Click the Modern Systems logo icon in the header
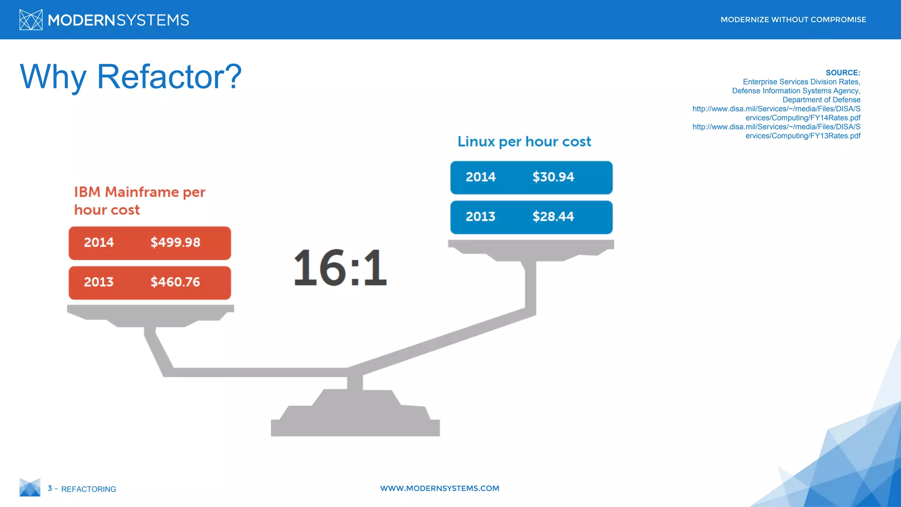31,20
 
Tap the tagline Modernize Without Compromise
793,20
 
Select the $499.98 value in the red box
175,242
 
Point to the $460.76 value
175,282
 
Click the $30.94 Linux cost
553,177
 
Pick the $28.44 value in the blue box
553,217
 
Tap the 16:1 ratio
340,268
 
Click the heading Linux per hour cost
524,142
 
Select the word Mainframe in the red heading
142,192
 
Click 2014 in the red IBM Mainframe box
99,242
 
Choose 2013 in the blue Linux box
480,217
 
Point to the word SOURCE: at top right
842,73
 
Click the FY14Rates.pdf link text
802,118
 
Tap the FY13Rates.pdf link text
802,136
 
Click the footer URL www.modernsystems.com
440,489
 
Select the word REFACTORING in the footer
88,489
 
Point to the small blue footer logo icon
30,488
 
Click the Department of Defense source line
821,100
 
